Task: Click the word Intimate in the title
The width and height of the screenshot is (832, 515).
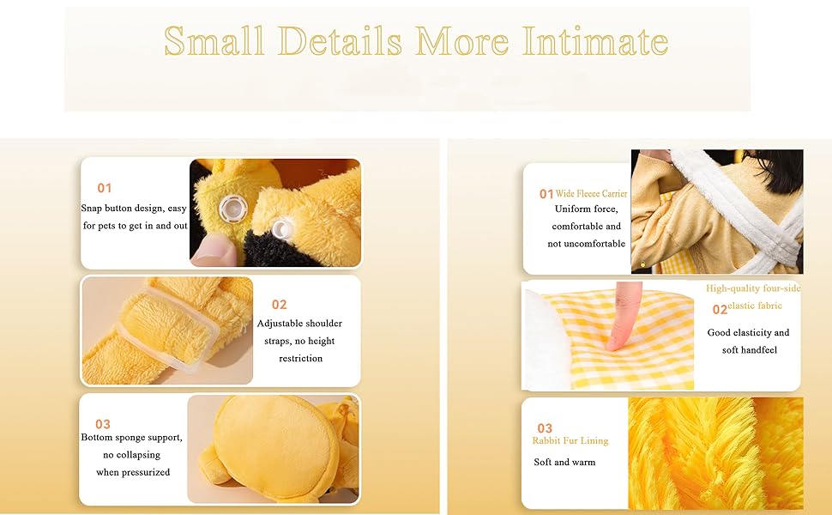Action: [x=594, y=40]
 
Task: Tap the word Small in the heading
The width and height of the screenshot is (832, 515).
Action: [x=214, y=40]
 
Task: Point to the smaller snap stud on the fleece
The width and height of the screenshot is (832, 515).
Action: [x=280, y=229]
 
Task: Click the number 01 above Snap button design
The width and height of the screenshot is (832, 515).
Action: [x=105, y=188]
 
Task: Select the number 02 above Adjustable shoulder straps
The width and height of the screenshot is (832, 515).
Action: [x=279, y=305]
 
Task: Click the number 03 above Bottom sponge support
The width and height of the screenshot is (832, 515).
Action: [x=103, y=424]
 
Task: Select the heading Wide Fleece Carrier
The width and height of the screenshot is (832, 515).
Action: [x=591, y=194]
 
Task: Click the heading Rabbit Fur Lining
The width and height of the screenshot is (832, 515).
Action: [x=570, y=440]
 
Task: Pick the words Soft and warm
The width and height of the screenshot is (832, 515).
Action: [x=564, y=462]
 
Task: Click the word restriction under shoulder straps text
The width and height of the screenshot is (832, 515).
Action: [x=301, y=359]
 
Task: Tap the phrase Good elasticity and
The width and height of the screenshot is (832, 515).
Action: [x=748, y=332]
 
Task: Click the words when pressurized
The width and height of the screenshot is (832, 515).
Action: [x=133, y=472]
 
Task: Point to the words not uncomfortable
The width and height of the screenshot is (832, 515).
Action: [x=587, y=244]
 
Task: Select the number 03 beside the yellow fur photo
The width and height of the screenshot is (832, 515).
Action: [x=545, y=428]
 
